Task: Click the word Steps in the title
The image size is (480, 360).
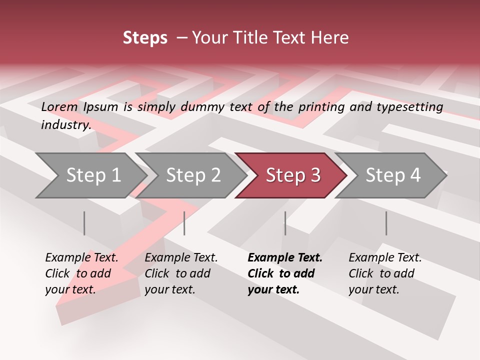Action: point(145,38)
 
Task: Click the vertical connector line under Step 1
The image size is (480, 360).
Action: point(84,223)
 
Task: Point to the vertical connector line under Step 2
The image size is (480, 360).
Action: point(184,223)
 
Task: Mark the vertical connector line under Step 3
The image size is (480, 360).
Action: point(285,223)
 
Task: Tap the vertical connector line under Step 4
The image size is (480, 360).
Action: point(386,223)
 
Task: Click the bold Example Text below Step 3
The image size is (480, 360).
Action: point(284,273)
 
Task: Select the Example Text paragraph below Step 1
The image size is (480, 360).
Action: point(81,273)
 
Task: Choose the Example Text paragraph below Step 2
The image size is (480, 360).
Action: point(181,273)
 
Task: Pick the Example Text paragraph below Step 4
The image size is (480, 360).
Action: point(385,273)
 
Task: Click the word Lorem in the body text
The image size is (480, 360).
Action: point(59,106)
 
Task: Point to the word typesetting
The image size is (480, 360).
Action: point(410,107)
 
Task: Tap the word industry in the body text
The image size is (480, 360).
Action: point(65,125)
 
